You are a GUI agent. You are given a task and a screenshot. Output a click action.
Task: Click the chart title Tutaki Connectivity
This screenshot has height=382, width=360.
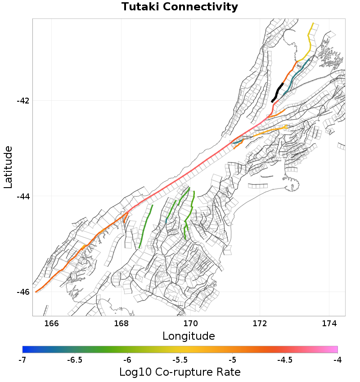[180, 7]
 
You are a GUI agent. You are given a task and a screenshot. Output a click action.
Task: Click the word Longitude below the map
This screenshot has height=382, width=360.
[189, 336]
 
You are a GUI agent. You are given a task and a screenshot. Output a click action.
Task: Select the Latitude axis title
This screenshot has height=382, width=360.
[8, 167]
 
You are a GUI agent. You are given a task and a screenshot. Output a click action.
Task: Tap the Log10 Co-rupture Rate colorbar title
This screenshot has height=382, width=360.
[180, 372]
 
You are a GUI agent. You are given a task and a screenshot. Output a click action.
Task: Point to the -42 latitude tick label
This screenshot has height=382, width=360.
[23, 101]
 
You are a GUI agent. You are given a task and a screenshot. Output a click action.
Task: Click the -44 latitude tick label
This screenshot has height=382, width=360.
[23, 196]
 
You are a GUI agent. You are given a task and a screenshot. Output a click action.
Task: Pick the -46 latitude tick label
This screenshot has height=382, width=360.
[23, 292]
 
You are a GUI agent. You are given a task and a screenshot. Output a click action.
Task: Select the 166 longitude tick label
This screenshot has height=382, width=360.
[52, 323]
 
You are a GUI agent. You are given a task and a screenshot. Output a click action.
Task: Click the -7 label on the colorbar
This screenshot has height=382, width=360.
[22, 360]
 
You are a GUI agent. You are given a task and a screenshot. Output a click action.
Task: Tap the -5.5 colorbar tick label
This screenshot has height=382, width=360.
[180, 360]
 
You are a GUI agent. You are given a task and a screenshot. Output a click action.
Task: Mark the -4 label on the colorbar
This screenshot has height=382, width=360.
[337, 360]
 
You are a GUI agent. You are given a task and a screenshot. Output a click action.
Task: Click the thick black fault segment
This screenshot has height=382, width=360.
[277, 93]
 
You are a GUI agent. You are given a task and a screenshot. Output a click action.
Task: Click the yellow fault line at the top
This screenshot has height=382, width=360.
[310, 40]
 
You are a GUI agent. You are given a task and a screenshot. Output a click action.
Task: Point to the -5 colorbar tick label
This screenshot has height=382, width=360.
[232, 360]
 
